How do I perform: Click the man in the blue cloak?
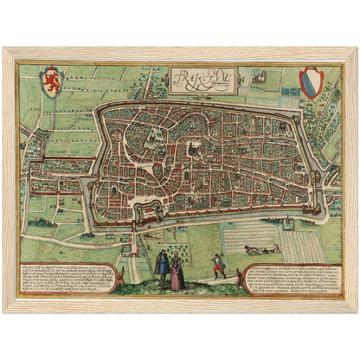163,269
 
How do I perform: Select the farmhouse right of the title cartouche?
259,76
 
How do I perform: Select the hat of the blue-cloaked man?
163,254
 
